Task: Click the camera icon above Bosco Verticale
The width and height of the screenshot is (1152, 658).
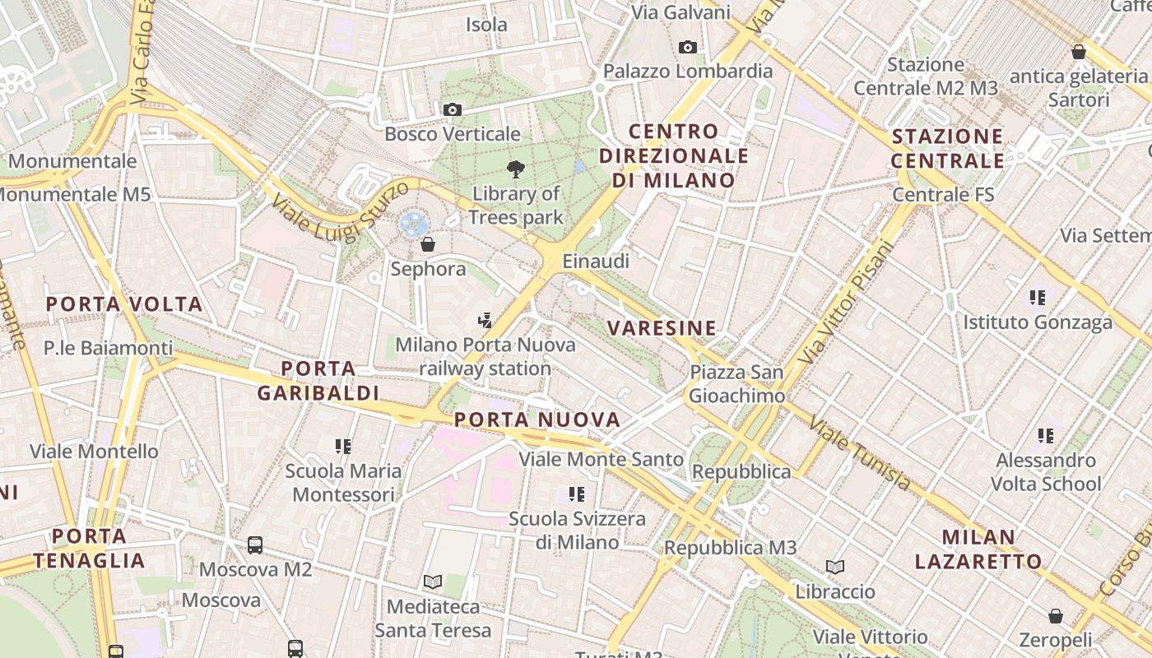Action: pyautogui.click(x=452, y=109)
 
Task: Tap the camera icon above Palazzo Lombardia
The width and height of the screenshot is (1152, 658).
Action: pyautogui.click(x=688, y=47)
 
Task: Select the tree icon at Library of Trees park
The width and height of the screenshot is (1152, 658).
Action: pyautogui.click(x=516, y=170)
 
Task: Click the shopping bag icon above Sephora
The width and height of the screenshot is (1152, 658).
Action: pyautogui.click(x=427, y=244)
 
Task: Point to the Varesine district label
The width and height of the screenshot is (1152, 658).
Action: pyautogui.click(x=662, y=328)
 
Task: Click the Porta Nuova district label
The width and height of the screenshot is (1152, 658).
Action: pyautogui.click(x=537, y=420)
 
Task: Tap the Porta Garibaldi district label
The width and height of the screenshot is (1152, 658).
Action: pyautogui.click(x=318, y=381)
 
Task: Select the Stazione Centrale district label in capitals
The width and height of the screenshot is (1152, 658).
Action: pyautogui.click(x=948, y=148)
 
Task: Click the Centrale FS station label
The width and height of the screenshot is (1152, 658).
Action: pyautogui.click(x=943, y=195)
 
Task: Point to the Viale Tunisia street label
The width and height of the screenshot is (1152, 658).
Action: pyautogui.click(x=860, y=453)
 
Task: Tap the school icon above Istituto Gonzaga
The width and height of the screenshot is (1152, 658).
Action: pyautogui.click(x=1037, y=297)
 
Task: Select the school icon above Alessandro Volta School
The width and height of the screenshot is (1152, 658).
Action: pyautogui.click(x=1045, y=435)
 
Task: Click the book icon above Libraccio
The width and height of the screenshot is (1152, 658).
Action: pyautogui.click(x=835, y=567)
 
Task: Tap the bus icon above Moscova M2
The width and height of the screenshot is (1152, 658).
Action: pyautogui.click(x=255, y=544)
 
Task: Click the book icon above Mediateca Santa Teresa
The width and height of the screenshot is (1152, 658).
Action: pyautogui.click(x=433, y=582)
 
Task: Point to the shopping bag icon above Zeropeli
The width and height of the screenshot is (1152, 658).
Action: pyautogui.click(x=1055, y=616)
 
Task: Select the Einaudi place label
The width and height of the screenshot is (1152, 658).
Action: pyautogui.click(x=596, y=262)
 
